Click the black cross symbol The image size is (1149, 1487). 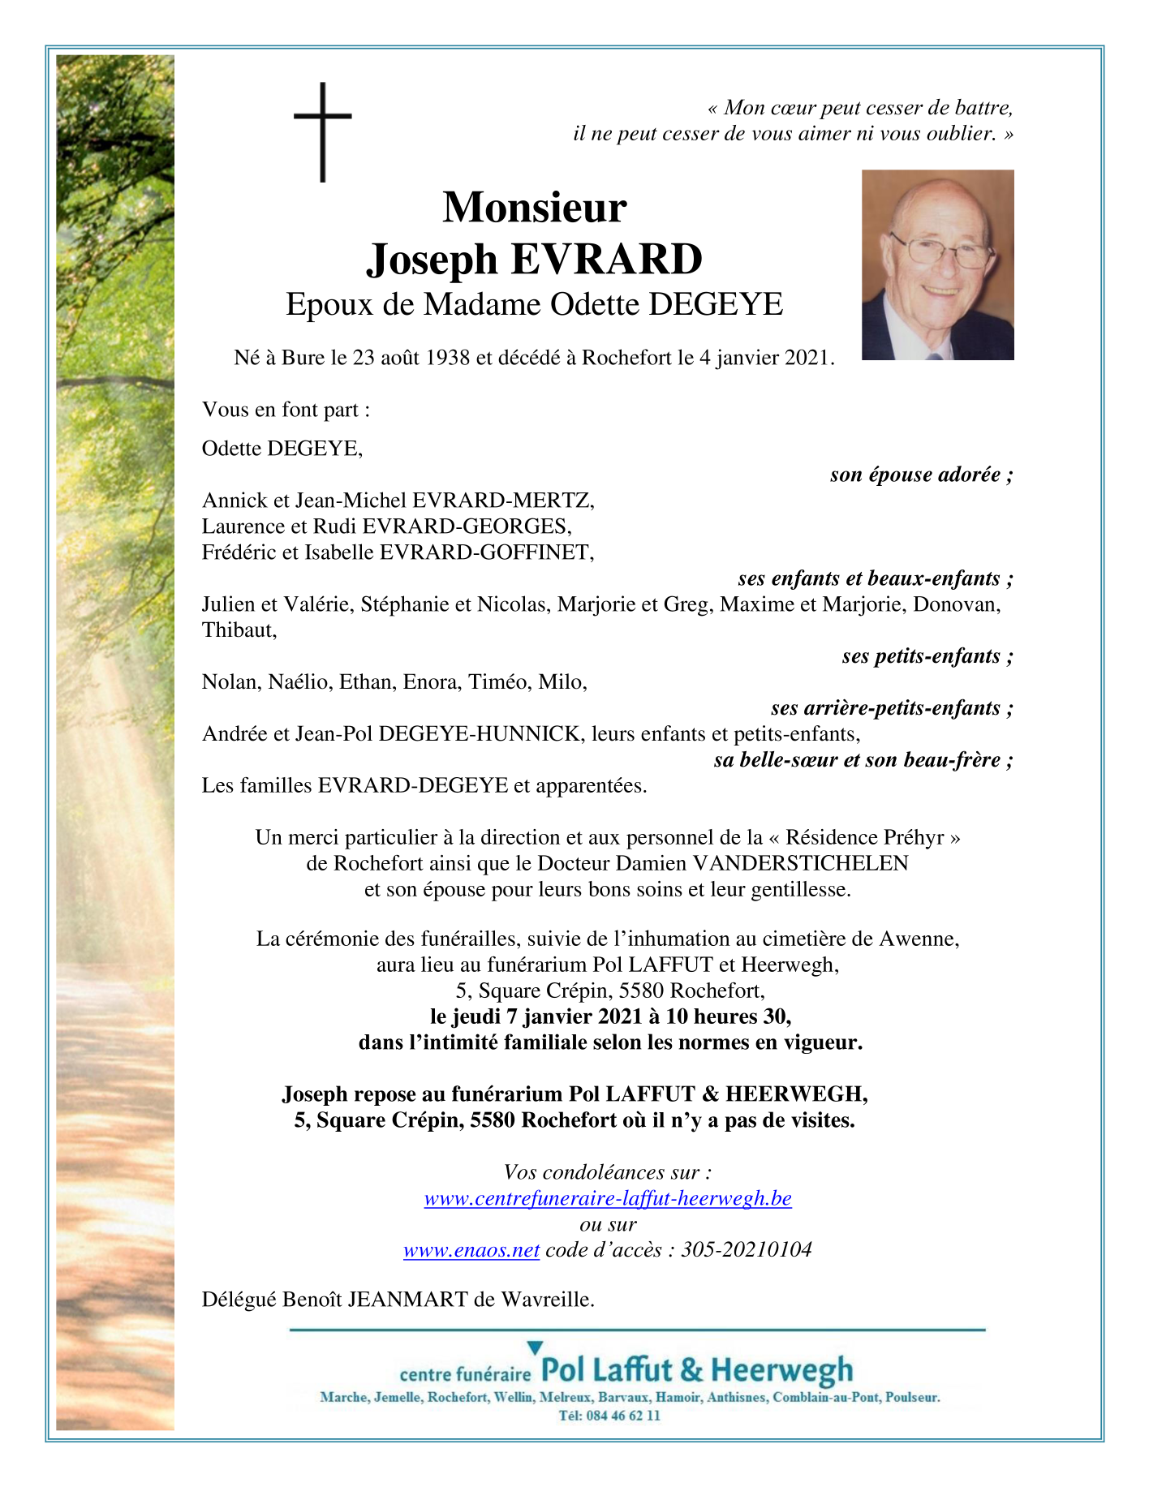323,130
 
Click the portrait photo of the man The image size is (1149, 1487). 937,264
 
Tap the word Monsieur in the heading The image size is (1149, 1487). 534,207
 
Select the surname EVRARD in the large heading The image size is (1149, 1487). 606,260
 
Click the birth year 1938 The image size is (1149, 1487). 448,358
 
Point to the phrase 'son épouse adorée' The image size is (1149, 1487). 914,475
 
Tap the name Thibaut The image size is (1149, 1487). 238,630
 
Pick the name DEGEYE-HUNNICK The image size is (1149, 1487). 480,734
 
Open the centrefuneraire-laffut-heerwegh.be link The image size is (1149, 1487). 608,1198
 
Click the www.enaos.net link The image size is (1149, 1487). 471,1250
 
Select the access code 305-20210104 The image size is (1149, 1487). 747,1250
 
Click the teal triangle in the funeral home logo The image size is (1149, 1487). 535,1348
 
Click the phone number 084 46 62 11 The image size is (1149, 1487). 620,1416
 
